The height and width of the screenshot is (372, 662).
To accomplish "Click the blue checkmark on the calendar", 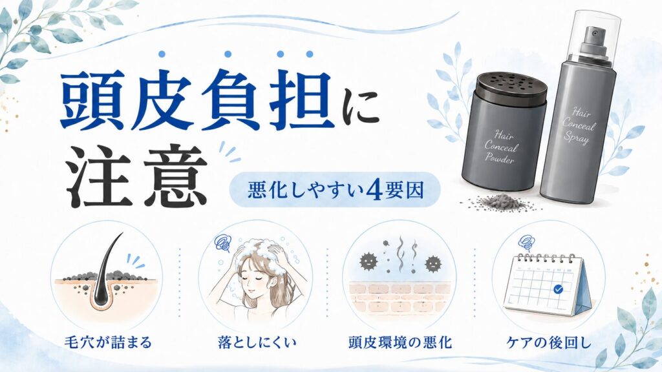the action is coord(558,289).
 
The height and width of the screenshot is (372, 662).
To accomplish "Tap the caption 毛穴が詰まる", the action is coord(108,342).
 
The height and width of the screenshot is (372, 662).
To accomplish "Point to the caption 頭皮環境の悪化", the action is coord(400,342).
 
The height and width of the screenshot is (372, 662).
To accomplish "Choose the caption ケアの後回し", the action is coord(549,342).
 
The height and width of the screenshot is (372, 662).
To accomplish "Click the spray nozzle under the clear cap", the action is coord(595,40).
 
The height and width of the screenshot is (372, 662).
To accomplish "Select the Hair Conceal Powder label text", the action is coord(501,147).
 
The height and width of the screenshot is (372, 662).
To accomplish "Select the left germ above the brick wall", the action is coord(368,262).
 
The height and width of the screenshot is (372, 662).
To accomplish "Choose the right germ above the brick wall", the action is coord(432,264).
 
